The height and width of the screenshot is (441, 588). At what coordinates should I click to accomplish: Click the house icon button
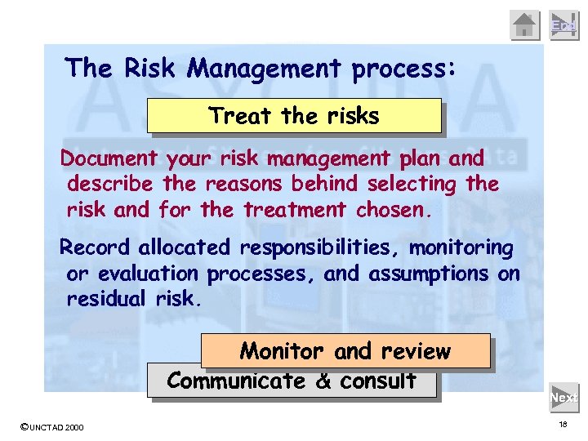(x=525, y=25)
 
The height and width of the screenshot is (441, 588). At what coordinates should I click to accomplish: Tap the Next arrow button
(x=563, y=398)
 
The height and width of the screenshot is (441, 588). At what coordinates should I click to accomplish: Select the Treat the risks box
(x=294, y=116)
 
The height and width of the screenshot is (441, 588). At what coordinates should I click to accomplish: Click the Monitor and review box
(x=345, y=351)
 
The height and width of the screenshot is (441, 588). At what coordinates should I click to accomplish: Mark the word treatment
(x=296, y=210)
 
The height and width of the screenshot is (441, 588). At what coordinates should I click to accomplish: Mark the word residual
(x=108, y=300)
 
